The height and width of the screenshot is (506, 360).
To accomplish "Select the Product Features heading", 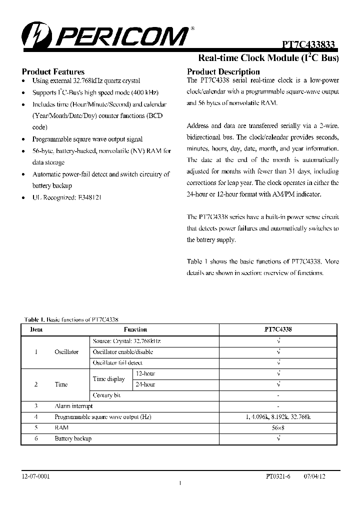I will tap(53, 71).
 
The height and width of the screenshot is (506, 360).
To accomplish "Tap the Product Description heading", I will tap(223, 71).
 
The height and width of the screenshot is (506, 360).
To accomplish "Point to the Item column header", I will tap(36, 329).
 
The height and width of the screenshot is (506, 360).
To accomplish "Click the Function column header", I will tap(135, 329).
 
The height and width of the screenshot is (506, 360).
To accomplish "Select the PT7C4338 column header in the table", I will tap(278, 329).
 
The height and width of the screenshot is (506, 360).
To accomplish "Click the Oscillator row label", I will tap(66, 351).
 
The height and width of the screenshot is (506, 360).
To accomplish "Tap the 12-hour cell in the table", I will tap(145, 373).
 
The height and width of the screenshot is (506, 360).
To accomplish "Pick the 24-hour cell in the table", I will tap(145, 384).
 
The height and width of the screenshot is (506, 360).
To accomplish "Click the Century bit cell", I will tap(107, 395).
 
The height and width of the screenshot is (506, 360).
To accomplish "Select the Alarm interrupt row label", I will tap(73, 406).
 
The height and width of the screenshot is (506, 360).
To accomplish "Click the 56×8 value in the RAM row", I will tap(278, 427).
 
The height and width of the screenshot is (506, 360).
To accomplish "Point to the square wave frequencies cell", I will tap(278, 417).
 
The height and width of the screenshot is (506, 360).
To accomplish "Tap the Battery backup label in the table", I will tap(73, 438).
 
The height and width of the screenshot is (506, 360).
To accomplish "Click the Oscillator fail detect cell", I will tap(117, 362).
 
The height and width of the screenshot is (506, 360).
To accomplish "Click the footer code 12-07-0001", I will tap(36, 476).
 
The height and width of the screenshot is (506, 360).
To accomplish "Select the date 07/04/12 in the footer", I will tap(314, 476).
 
